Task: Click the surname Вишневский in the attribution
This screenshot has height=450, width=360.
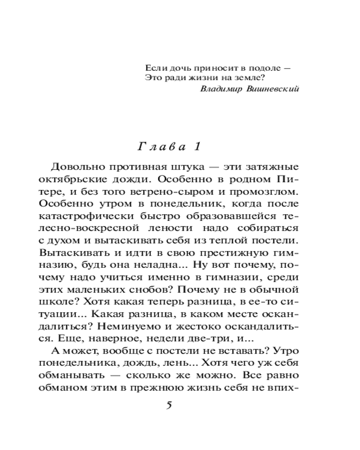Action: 273,89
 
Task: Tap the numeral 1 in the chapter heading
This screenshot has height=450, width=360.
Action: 196,146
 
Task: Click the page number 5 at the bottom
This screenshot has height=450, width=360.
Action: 169,405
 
